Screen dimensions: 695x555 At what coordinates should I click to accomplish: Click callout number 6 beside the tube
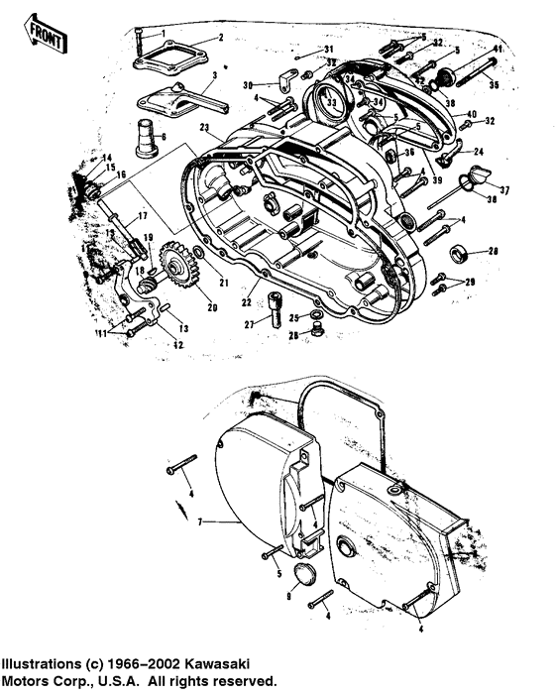(x=164, y=135)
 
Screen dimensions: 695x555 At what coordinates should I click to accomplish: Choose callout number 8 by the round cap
(x=288, y=596)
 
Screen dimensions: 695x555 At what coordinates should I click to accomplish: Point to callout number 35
(x=495, y=85)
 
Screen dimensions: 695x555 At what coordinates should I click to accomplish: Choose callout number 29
(x=470, y=284)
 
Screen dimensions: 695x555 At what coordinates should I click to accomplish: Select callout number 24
(x=478, y=151)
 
